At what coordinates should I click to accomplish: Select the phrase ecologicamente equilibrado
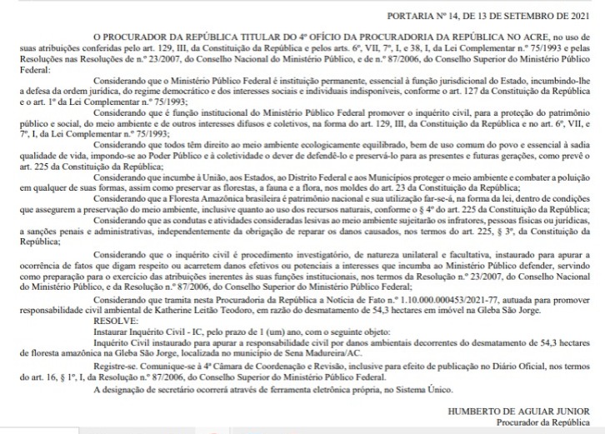pyautogui.click(x=332, y=142)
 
